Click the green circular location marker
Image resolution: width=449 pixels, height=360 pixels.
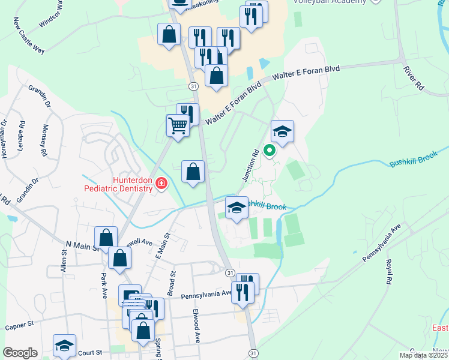[x=270, y=151]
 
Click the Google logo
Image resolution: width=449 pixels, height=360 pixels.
[x=20, y=353]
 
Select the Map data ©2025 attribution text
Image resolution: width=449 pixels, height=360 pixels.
[x=424, y=355]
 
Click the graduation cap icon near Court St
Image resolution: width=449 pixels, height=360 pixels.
[x=64, y=346]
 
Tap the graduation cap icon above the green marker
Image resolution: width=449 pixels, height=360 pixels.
[x=282, y=131]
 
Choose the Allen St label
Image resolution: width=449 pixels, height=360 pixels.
[x=64, y=263]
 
